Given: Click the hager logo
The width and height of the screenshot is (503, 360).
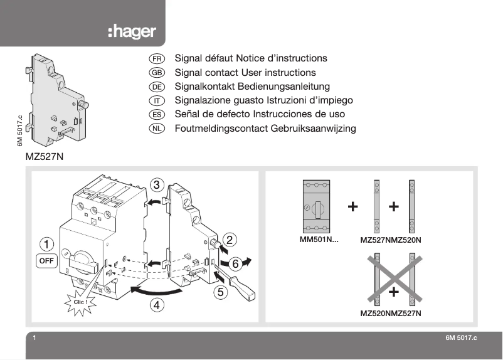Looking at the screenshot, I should tap(131, 32).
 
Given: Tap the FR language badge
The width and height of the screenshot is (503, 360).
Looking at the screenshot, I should tap(157, 58).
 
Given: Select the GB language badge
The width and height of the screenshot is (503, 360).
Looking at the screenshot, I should tap(157, 73).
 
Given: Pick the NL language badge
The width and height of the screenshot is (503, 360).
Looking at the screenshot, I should tap(157, 129).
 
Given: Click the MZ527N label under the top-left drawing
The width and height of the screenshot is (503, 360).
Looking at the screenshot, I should tap(45, 157).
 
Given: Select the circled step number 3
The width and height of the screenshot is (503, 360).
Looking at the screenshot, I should tap(158, 184).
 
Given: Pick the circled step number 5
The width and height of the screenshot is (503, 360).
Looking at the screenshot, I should tap(220, 291).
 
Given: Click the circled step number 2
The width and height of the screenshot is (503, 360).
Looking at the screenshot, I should tap(231, 238).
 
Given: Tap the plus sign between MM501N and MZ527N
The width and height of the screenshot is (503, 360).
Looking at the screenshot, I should tap(354, 206).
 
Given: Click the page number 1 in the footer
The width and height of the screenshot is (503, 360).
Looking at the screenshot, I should tap(34, 338).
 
